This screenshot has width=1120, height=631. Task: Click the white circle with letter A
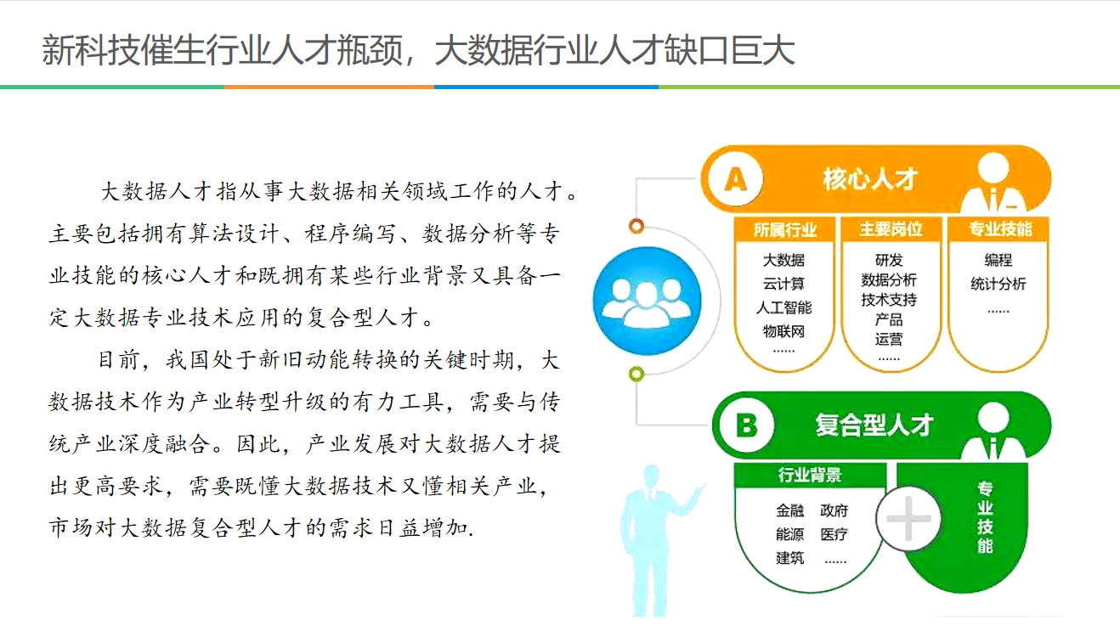click(x=735, y=179)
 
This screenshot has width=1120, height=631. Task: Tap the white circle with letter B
click(x=746, y=425)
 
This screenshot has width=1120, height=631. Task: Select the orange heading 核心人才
click(x=870, y=179)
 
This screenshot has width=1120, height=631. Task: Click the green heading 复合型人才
click(x=874, y=425)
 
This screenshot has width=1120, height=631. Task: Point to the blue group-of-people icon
click(x=647, y=301)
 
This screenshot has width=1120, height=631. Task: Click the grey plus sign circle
click(x=908, y=519)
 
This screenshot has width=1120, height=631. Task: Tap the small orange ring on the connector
click(x=636, y=226)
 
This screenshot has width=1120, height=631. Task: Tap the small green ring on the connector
click(x=636, y=374)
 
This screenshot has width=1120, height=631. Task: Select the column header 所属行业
click(x=785, y=230)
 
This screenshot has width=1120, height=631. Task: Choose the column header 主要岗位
click(x=891, y=229)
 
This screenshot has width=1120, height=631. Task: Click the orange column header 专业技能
click(x=1000, y=228)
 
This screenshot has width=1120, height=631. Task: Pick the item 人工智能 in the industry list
click(x=783, y=307)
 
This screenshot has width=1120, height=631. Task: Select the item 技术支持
click(x=889, y=300)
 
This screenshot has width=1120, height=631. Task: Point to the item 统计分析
click(x=998, y=284)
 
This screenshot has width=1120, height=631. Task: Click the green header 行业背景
click(x=810, y=475)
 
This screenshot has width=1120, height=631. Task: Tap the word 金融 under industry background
click(x=790, y=510)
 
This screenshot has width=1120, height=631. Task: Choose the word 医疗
click(x=834, y=534)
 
